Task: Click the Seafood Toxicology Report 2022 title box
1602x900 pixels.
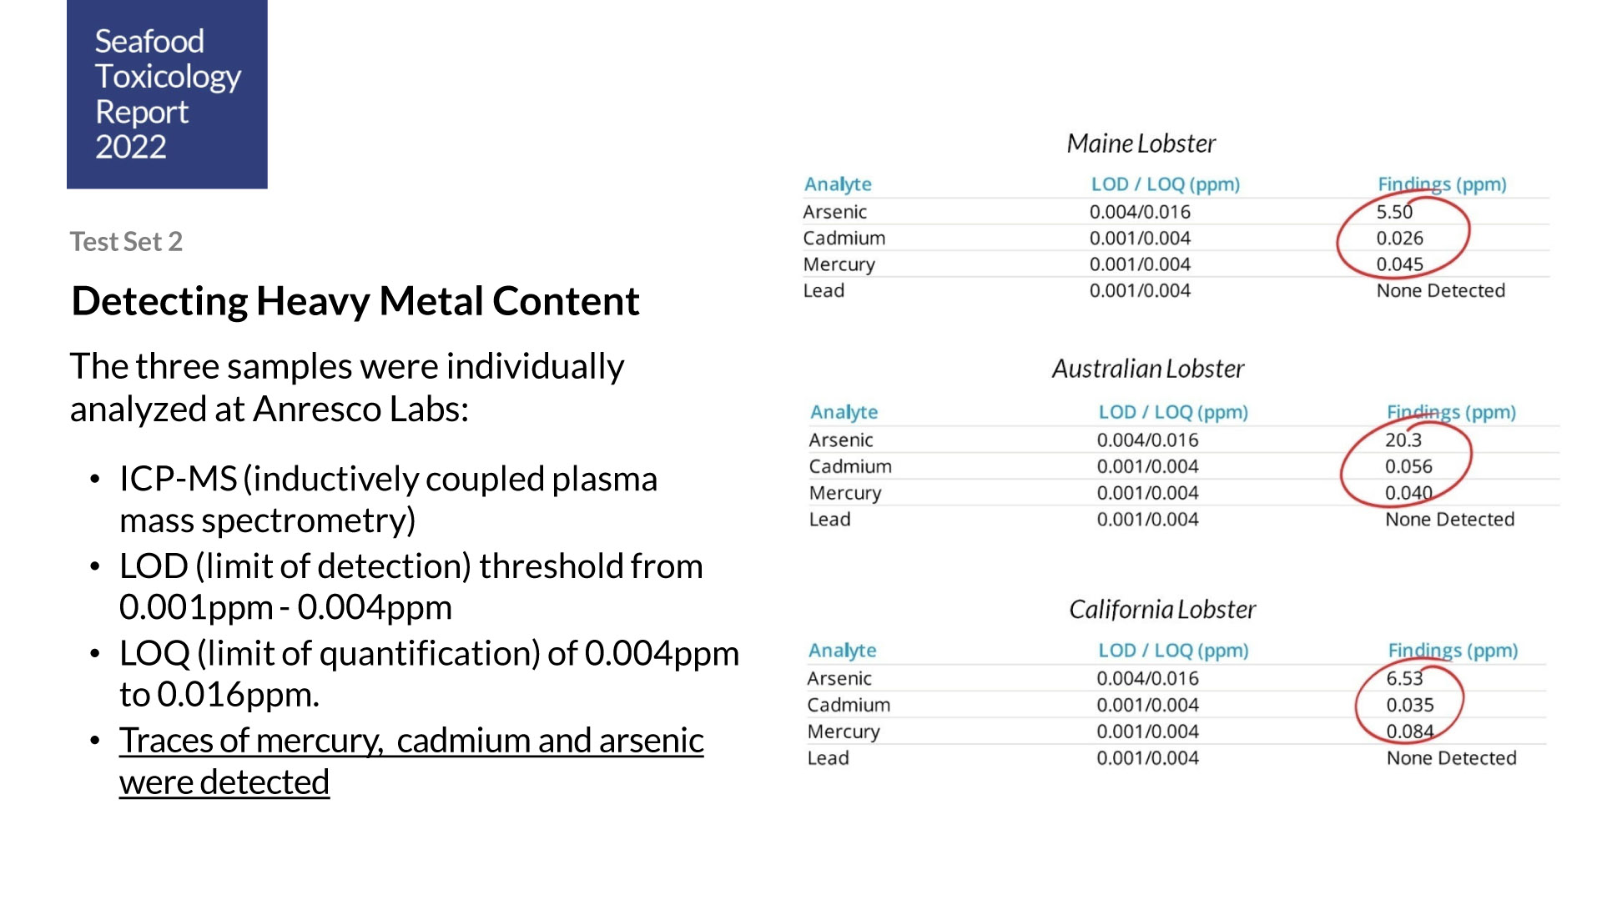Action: pos(167,93)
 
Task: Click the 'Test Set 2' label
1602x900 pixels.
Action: pos(126,241)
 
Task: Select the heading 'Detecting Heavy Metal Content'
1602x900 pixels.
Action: pos(355,301)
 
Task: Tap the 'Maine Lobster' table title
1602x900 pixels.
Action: pos(1141,143)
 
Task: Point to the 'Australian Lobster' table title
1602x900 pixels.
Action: pos(1147,369)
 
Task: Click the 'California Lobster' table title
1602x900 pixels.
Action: pos(1161,610)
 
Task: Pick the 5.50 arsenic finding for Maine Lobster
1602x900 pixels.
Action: pos(1394,212)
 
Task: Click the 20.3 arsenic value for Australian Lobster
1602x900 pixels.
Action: pos(1403,440)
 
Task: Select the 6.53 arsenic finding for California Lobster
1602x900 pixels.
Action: pos(1404,678)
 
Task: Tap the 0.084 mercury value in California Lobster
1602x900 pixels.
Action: pos(1409,732)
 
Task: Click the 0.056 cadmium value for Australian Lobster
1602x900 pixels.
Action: pos(1408,466)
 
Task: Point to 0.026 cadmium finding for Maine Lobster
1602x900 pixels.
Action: pos(1399,239)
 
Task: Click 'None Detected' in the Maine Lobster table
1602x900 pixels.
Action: pos(1440,291)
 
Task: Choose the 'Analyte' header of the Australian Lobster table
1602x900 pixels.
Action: pos(844,412)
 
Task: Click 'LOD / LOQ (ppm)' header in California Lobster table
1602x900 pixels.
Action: pos(1172,651)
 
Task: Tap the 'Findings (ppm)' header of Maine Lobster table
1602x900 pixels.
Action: pos(1441,184)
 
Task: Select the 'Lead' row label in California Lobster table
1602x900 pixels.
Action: pos(828,758)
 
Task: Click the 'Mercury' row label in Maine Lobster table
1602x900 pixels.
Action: pos(839,264)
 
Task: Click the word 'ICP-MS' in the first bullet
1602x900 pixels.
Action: pos(178,480)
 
